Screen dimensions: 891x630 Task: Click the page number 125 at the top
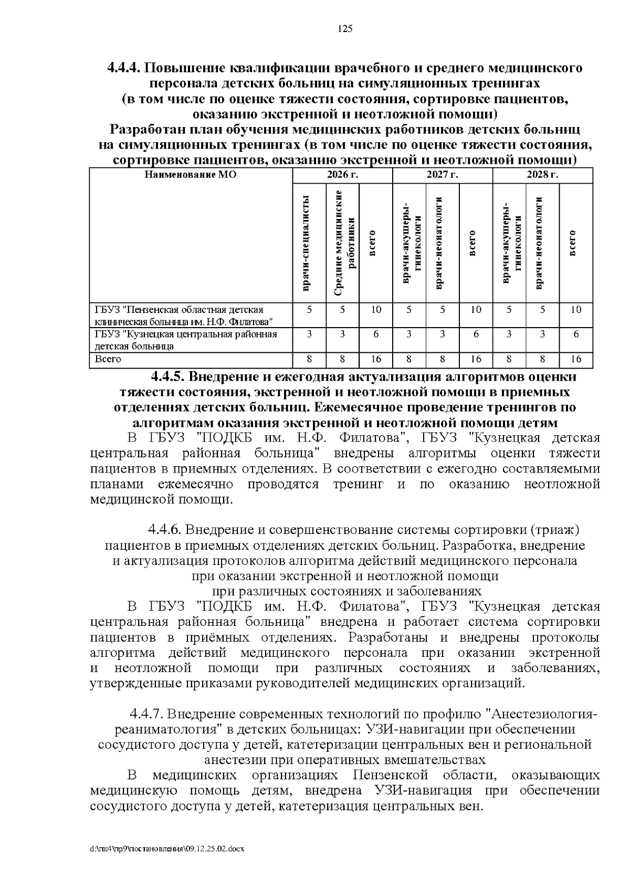pos(345,29)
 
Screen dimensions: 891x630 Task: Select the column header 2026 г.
pos(342,175)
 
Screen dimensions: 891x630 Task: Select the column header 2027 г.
pos(442,175)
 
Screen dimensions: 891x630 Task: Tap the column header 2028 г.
pos(542,175)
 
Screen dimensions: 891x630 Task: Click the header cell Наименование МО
pos(190,175)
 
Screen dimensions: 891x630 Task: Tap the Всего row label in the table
pos(108,360)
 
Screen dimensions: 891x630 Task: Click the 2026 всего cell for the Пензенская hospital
pos(376,310)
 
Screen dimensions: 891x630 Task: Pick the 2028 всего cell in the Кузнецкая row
pos(576,334)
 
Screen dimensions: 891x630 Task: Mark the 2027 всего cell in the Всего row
pos(476,360)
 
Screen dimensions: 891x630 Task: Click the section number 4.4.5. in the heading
pos(168,377)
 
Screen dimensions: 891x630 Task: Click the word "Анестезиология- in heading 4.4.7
pos(543,714)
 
